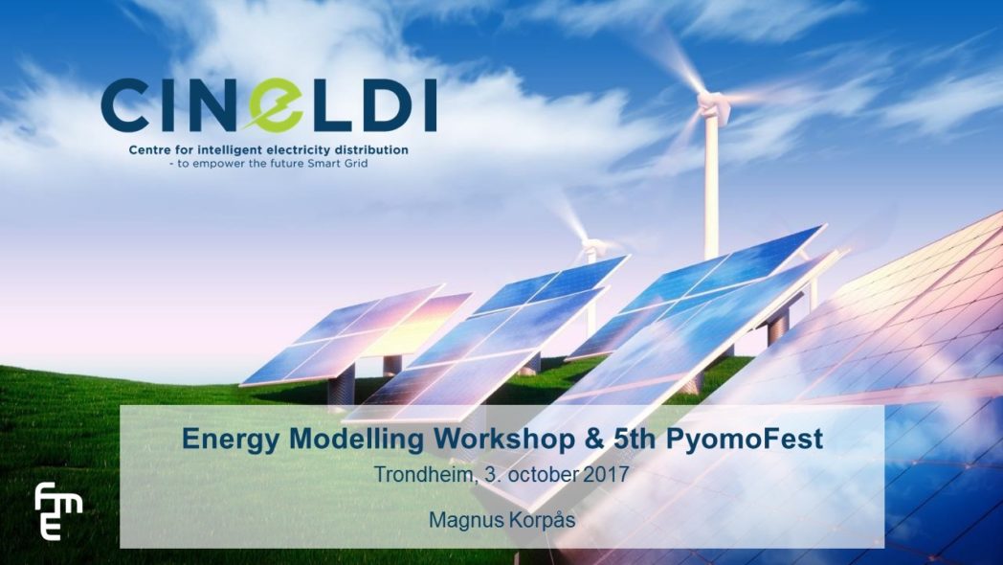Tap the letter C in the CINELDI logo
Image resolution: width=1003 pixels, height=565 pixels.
point(124,105)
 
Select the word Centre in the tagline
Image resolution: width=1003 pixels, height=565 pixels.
point(148,150)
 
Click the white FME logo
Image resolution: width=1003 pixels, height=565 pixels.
point(56,510)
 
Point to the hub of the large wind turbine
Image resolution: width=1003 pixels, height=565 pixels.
point(710,102)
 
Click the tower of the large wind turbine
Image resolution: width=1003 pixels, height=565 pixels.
point(711,186)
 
